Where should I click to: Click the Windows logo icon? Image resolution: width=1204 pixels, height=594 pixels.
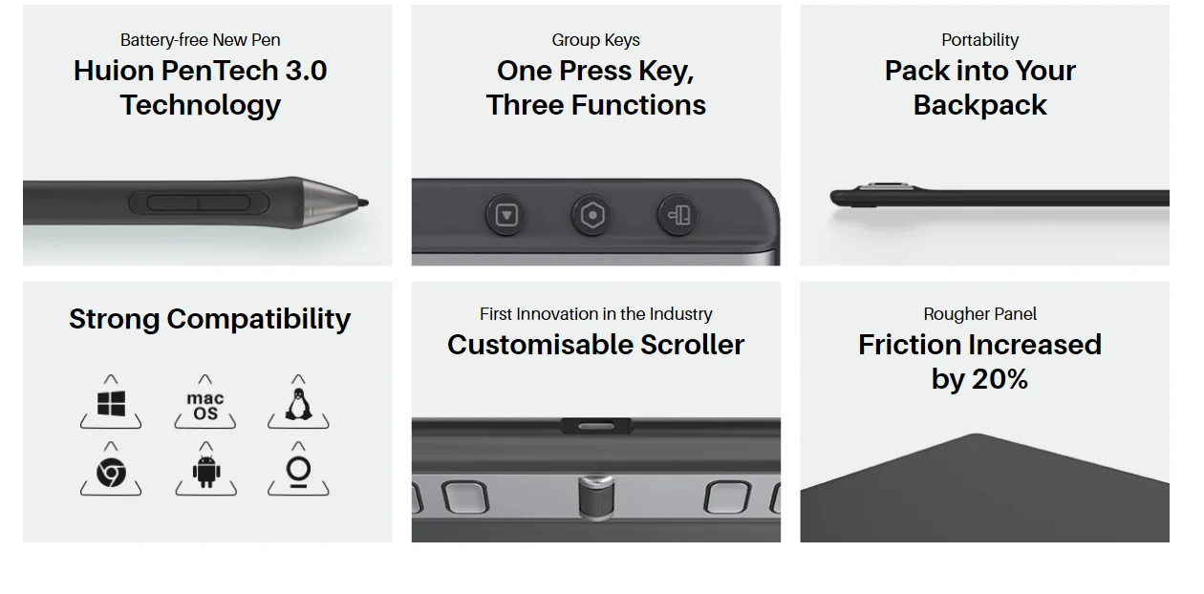[x=111, y=403]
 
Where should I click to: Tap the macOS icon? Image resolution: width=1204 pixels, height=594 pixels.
[x=205, y=406]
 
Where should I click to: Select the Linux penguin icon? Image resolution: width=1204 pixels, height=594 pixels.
[x=298, y=404]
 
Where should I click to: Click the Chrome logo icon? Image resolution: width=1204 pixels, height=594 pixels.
[x=111, y=473]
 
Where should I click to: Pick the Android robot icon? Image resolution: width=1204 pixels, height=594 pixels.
[x=205, y=472]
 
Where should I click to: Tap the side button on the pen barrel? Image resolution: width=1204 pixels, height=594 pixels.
[x=199, y=203]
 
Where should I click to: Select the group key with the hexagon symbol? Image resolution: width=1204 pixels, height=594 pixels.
[x=591, y=216]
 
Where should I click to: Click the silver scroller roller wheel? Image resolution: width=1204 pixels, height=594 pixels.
[x=596, y=497]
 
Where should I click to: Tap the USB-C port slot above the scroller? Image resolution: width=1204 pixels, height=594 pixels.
[x=596, y=427]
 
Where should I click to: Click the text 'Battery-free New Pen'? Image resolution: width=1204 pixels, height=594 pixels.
[x=200, y=40]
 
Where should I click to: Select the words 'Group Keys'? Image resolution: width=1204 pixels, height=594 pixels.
[x=595, y=40]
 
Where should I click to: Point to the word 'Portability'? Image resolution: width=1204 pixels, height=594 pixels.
[x=979, y=40]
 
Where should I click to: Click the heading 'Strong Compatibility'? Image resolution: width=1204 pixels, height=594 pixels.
[x=209, y=320]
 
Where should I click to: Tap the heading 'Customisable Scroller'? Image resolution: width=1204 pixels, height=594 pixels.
[x=595, y=345]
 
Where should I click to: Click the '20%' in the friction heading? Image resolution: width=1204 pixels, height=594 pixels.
[x=1000, y=379]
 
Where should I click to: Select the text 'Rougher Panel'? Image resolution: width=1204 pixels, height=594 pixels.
[x=979, y=314]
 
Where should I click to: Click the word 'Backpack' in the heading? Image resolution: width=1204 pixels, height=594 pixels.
[x=979, y=105]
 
